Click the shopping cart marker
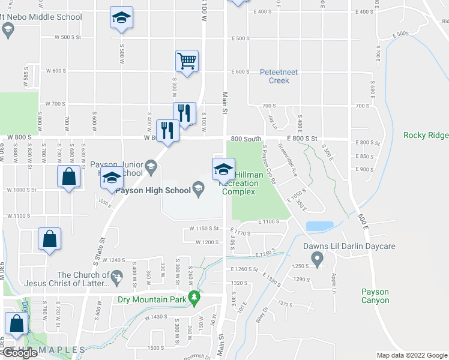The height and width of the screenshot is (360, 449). click(187, 61)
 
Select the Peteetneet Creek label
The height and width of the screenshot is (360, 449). click(279, 76)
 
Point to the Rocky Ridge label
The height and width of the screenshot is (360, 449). click(426, 135)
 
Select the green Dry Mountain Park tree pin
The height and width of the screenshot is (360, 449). click(193, 297)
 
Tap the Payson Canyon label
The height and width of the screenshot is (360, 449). click(375, 296)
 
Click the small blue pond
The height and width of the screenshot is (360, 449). click(319, 226)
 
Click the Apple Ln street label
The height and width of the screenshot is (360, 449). click(334, 280)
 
